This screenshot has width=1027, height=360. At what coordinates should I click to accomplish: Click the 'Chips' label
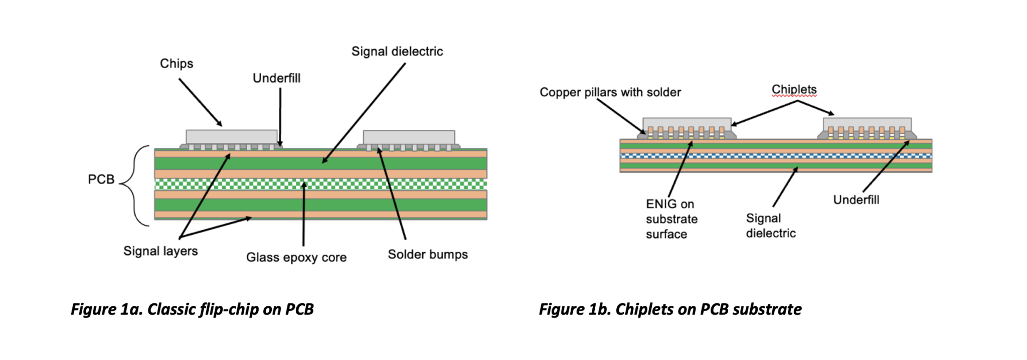click(x=176, y=64)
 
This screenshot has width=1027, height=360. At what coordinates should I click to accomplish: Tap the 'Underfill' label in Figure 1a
click(x=276, y=78)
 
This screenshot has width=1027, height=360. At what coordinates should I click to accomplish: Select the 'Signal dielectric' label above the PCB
click(x=397, y=51)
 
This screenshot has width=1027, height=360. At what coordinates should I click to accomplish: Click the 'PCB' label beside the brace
click(x=101, y=179)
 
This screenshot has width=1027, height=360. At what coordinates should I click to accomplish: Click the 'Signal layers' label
click(x=160, y=251)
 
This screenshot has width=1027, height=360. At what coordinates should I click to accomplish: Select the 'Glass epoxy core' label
click(x=296, y=257)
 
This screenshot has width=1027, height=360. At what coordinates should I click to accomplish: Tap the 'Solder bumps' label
click(x=427, y=254)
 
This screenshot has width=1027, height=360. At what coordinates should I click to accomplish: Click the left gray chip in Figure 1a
click(x=231, y=137)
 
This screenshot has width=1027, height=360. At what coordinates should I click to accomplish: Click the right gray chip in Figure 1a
click(x=409, y=137)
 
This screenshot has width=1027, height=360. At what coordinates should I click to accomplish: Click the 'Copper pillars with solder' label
click(x=610, y=92)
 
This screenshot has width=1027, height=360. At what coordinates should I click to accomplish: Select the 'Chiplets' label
click(x=794, y=89)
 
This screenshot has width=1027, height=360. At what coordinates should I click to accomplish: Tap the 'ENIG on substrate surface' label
click(x=671, y=219)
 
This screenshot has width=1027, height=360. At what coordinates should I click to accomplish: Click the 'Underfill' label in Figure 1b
click(x=856, y=200)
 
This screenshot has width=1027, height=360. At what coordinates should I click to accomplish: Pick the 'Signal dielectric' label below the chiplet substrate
click(x=770, y=226)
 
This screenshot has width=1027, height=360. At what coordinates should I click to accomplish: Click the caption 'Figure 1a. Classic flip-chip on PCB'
click(x=192, y=309)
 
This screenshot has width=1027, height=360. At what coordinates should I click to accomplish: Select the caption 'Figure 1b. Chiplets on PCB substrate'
click(x=670, y=309)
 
